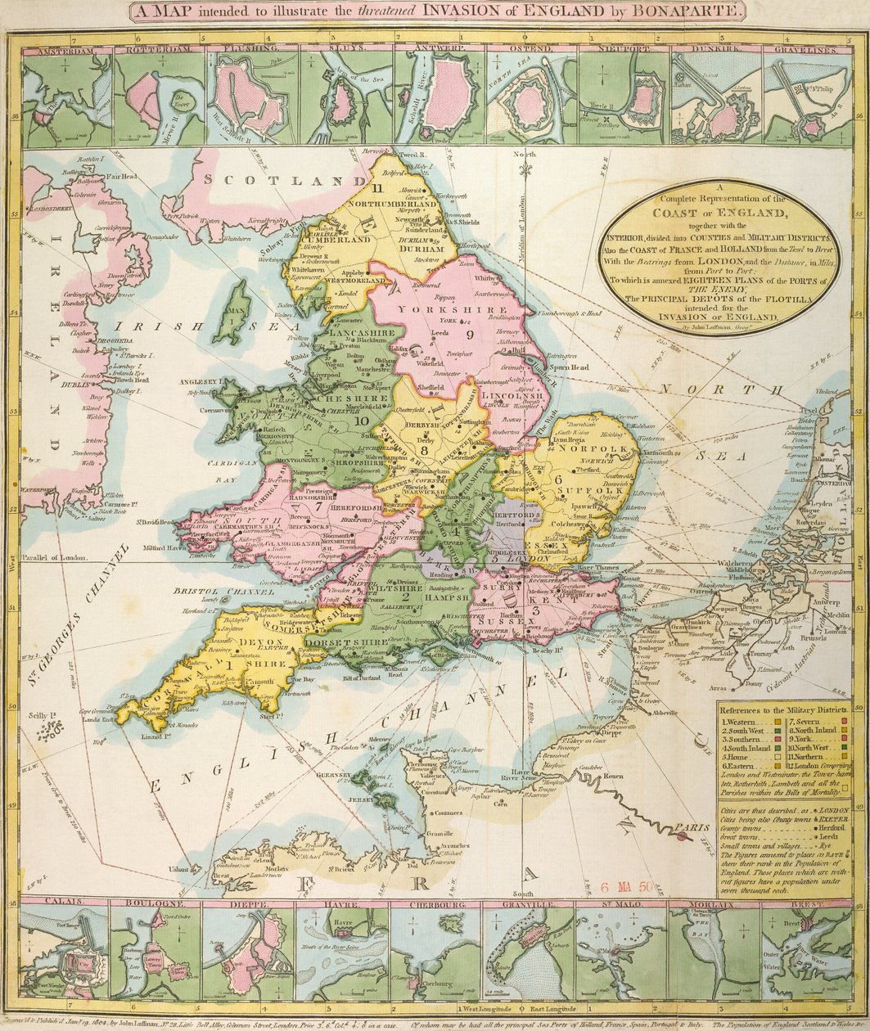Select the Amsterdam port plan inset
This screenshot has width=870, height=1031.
(66, 98)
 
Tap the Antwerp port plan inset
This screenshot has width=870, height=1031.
(439, 98)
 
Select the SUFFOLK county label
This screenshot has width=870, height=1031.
(586, 492)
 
